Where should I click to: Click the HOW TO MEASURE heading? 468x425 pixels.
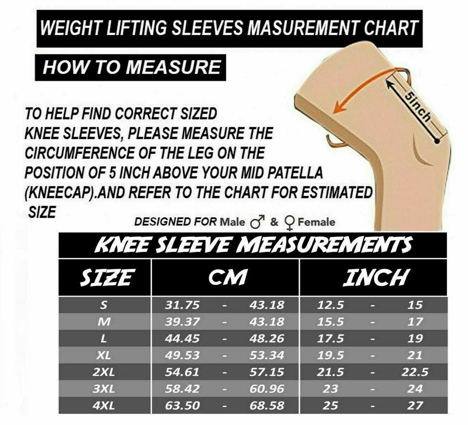pos(131,67)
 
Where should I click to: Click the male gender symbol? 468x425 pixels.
pos(256,223)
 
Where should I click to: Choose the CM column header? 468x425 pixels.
pos(227,277)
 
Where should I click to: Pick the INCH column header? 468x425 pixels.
pos(374,277)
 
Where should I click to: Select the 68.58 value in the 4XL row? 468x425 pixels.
pos(267,405)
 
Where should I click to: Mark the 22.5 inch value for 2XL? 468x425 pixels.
pos(414,372)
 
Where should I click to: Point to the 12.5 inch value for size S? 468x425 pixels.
pos(330,306)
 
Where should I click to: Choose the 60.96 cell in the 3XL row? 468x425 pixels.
pos(267,389)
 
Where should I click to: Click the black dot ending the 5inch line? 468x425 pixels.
pos(437,141)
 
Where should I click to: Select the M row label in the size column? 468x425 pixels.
pos(104,322)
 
